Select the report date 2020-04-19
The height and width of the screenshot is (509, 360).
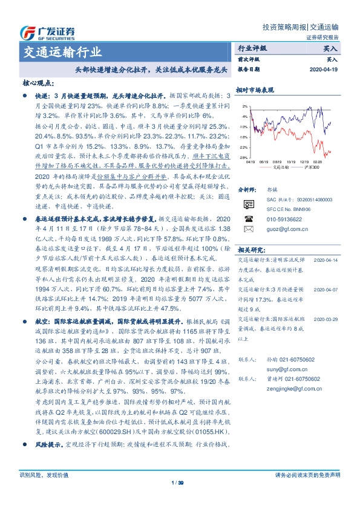point(326,70)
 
